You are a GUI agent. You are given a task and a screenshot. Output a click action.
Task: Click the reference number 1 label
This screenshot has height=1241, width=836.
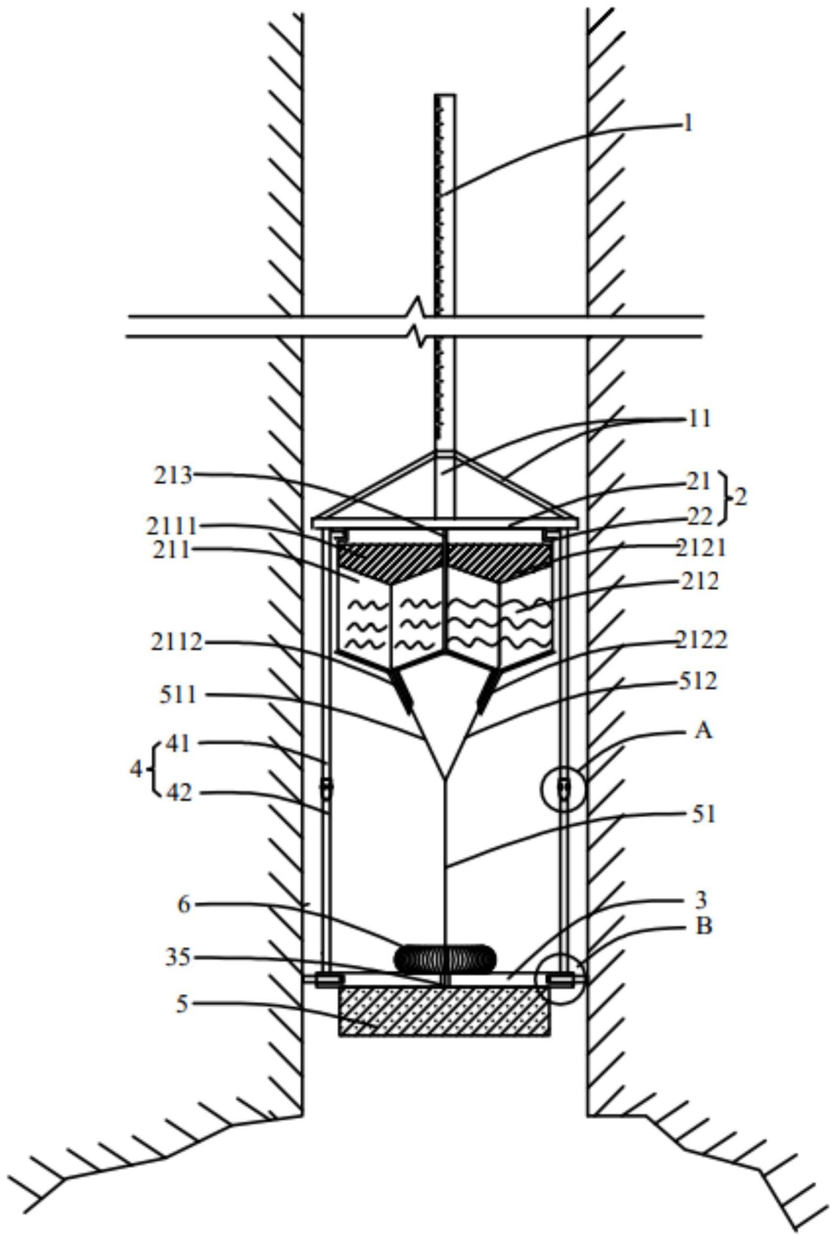[688, 124]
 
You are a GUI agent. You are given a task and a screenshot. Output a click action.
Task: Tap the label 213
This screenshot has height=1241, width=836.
[173, 475]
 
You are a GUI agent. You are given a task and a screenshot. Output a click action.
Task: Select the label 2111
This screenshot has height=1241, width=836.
[172, 527]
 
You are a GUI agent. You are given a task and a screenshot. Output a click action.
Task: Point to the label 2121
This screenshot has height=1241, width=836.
[701, 548]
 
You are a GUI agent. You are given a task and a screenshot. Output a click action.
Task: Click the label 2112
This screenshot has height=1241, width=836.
[177, 643]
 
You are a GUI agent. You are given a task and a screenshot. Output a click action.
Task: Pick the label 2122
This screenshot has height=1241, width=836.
[701, 639]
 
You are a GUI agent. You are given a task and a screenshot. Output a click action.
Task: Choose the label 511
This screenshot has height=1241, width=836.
[178, 695]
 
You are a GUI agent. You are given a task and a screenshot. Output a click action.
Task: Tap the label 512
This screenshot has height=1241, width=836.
[699, 681]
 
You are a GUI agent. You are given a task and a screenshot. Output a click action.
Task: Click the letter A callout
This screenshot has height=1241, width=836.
[703, 730]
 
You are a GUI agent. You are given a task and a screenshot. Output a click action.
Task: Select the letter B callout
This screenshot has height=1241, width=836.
[704, 926]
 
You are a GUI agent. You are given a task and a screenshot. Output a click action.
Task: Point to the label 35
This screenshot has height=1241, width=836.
[178, 957]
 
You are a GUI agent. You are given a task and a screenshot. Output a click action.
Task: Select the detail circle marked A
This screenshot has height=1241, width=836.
[564, 789]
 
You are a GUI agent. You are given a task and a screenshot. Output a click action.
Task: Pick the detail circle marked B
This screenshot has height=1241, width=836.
[561, 980]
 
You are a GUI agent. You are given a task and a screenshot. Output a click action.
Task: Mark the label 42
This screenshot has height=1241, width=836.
[179, 793]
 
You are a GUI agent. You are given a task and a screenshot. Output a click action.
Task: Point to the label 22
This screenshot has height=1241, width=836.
[700, 516]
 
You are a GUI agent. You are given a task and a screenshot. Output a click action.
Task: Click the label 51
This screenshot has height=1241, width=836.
[703, 815]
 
